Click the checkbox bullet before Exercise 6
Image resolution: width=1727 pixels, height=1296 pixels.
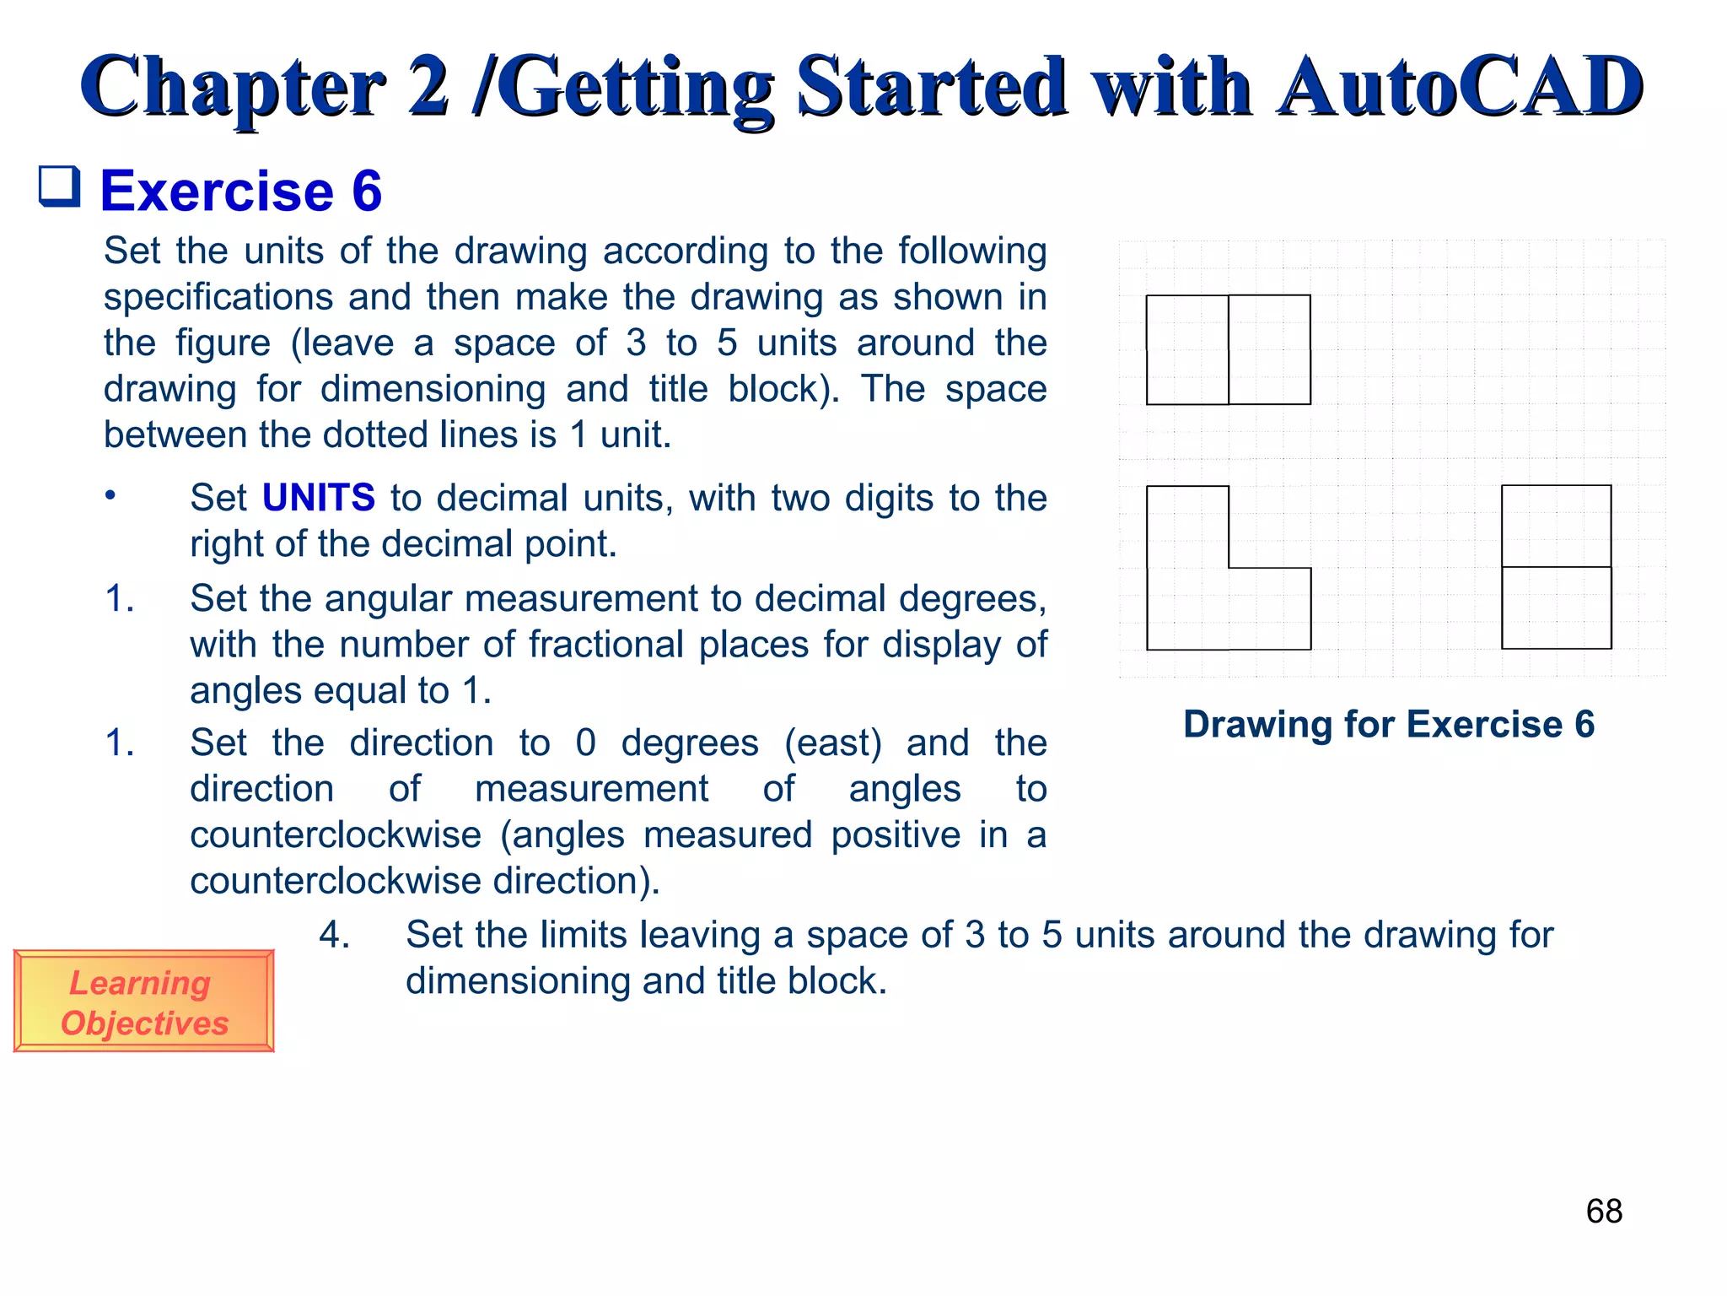[x=60, y=186]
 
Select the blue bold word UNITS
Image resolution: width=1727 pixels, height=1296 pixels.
[x=318, y=498]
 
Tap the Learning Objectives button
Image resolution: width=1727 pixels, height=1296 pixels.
[x=143, y=1002]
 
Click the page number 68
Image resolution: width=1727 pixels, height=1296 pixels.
[x=1603, y=1212]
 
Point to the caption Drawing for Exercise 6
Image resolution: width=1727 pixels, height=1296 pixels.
[x=1388, y=725]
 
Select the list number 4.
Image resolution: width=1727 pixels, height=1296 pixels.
[x=334, y=936]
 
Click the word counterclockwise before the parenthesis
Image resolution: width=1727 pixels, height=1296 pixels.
[x=335, y=835]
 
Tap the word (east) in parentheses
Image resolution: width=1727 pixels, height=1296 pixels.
[x=832, y=743]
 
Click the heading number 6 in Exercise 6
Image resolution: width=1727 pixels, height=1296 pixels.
[x=367, y=191]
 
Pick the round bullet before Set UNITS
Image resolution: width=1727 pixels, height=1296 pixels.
[x=110, y=495]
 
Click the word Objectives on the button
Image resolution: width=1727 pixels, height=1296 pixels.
[x=145, y=1023]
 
